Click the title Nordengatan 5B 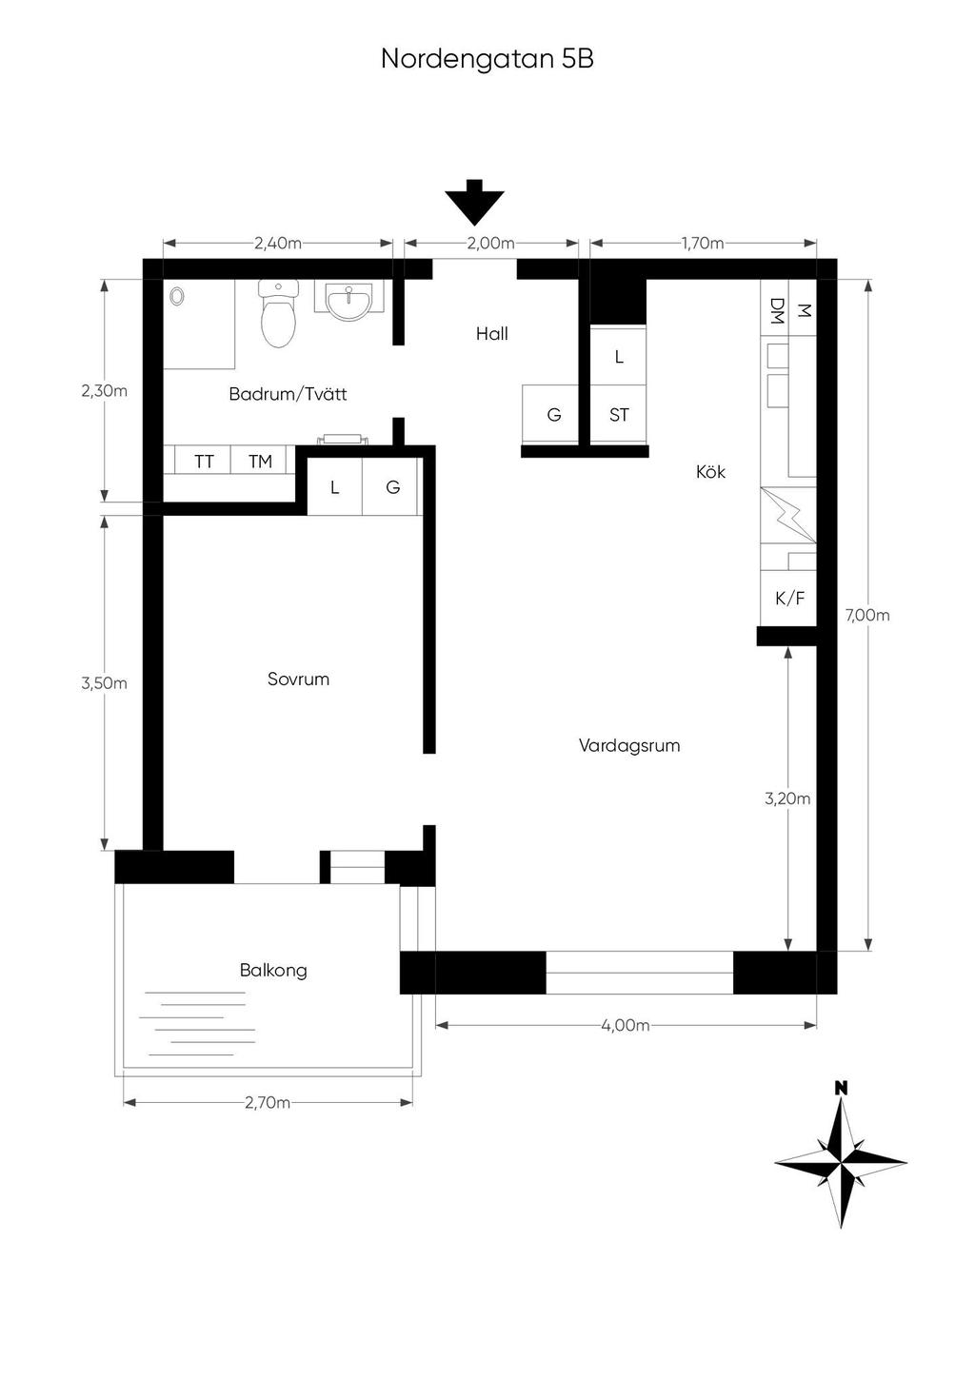point(487,60)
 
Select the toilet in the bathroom point(278,313)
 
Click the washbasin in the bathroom point(349,301)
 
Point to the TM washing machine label point(260,462)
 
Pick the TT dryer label point(204,462)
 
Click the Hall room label point(491,334)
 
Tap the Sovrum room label point(298,680)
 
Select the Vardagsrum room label point(628,746)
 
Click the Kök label point(710,472)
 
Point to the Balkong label point(273,971)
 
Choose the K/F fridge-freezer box point(788,598)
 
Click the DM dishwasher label point(776,311)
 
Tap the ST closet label point(619,415)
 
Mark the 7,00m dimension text point(867,615)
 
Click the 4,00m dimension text point(626,1025)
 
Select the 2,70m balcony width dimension point(268,1102)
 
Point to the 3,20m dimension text point(787,798)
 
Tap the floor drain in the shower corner point(177,297)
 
